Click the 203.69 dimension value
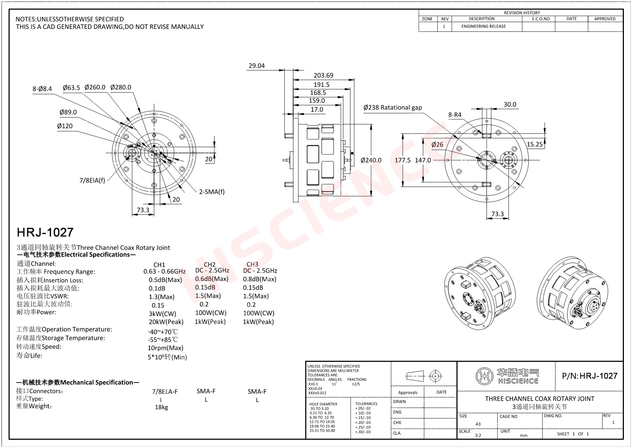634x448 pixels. pyautogui.click(x=323, y=75)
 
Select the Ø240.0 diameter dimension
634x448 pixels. pyautogui.click(x=371, y=160)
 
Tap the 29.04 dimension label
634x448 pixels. pyautogui.click(x=257, y=66)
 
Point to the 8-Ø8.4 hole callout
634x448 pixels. pyautogui.click(x=42, y=89)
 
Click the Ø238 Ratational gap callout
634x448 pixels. pyautogui.click(x=393, y=107)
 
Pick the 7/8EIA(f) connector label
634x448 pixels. pyautogui.click(x=92, y=180)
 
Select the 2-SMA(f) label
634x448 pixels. pyautogui.click(x=212, y=192)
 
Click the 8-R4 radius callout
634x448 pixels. pyautogui.click(x=455, y=115)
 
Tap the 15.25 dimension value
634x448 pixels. pyautogui.click(x=535, y=144)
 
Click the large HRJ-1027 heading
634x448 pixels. pyautogui.click(x=45, y=232)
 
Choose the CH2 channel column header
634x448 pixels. pyautogui.click(x=210, y=264)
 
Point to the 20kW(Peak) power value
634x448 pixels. pyautogui.click(x=166, y=322)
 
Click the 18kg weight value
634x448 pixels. pyautogui.click(x=161, y=407)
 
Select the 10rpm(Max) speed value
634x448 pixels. pyautogui.click(x=166, y=348)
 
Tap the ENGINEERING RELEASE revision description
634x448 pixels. pyautogui.click(x=483, y=26)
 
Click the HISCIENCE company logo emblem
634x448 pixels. pyautogui.click(x=484, y=376)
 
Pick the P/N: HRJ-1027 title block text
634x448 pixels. pyautogui.click(x=590, y=376)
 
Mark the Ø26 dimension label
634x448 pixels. pyautogui.click(x=437, y=145)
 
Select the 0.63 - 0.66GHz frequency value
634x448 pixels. pyautogui.click(x=164, y=272)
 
